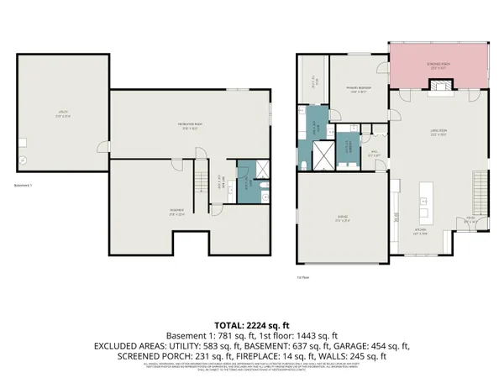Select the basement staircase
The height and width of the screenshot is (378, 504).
(200, 177)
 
